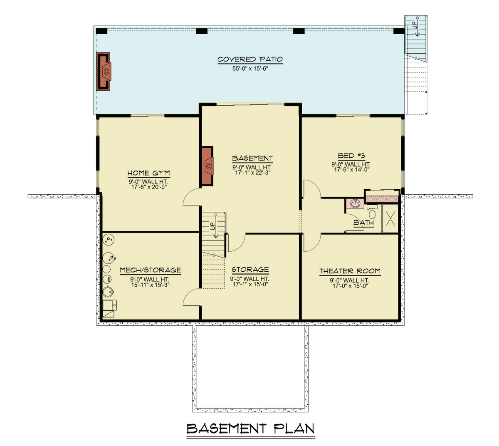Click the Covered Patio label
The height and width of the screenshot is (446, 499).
[x=250, y=59]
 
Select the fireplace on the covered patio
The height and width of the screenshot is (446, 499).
[x=104, y=71]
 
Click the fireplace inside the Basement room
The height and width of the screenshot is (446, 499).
[x=208, y=166]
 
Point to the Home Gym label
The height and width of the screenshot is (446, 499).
[x=148, y=173]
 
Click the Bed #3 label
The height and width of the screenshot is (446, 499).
[x=351, y=156]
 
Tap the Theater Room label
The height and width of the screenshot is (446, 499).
[x=350, y=271]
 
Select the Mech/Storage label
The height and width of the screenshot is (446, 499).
[x=150, y=270]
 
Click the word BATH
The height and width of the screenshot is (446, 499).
[x=363, y=223]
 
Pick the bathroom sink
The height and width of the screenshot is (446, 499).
[x=355, y=204]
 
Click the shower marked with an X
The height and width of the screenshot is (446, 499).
[x=390, y=218]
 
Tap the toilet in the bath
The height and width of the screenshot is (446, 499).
[x=372, y=213]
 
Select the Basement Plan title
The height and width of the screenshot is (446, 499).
[x=250, y=429]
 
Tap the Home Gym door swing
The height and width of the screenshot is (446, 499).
[x=191, y=197]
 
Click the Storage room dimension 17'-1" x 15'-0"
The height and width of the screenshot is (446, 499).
[x=250, y=285]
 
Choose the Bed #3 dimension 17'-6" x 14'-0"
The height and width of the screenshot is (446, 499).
[x=351, y=170]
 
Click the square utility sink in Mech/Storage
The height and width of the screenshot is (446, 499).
[x=109, y=307]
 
